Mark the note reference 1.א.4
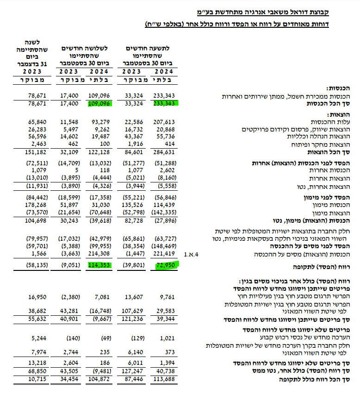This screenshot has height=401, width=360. tap(191, 254)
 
